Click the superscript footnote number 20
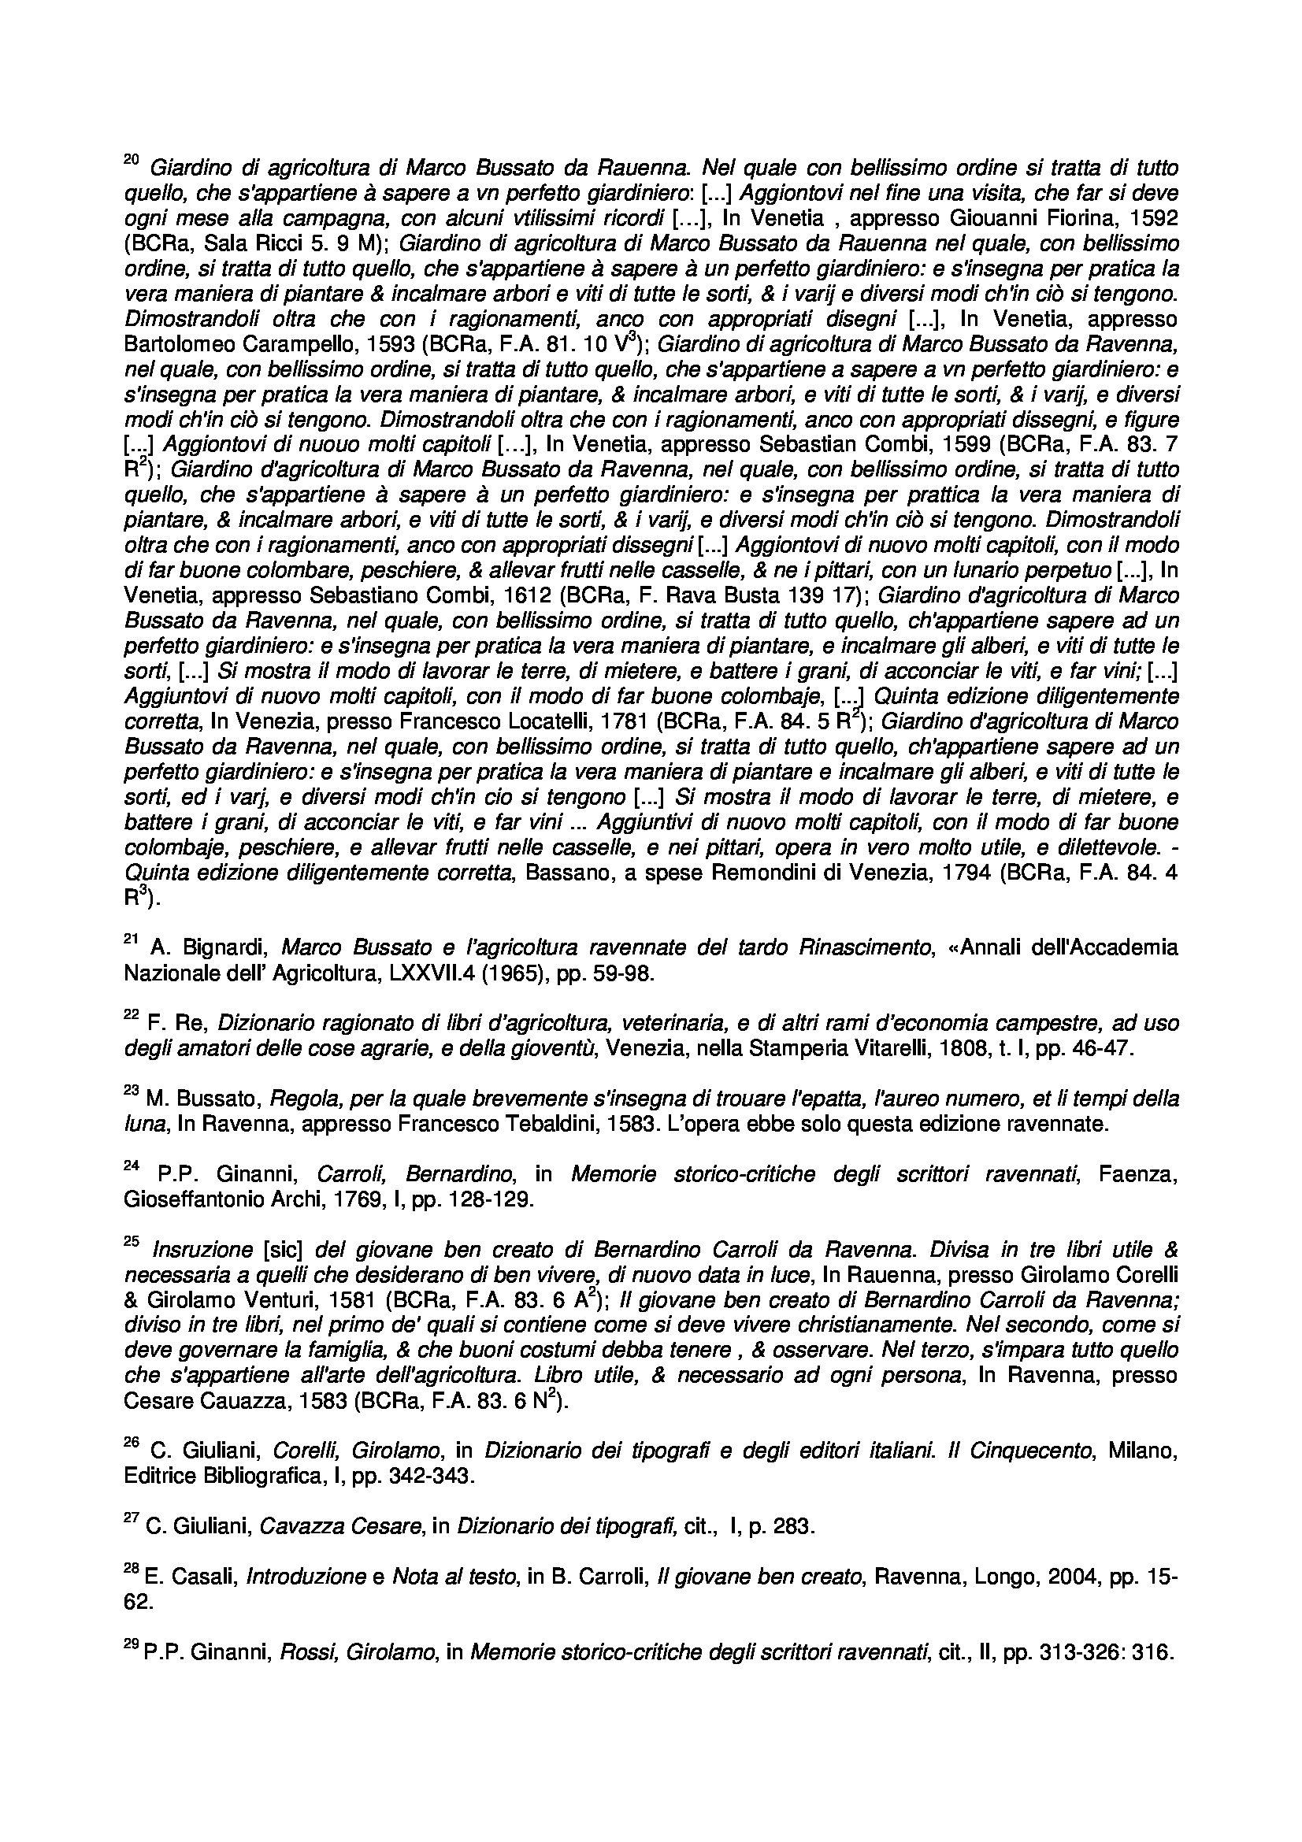coord(132,161)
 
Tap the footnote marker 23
coord(132,1090)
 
